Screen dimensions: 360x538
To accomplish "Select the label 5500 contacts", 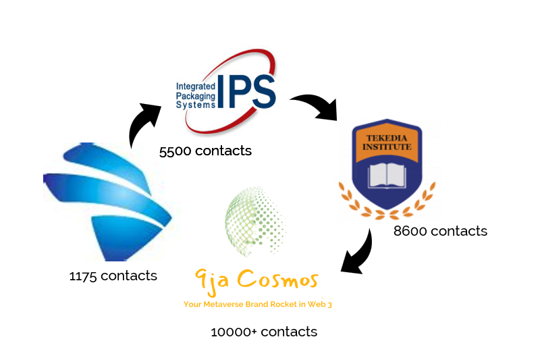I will tap(205, 151).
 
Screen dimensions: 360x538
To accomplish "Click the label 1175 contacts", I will tap(113, 276).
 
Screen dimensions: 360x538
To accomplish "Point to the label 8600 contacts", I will tap(440, 231).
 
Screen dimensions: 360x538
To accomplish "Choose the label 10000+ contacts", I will tap(263, 332).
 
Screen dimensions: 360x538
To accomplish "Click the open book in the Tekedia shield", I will tap(387, 174).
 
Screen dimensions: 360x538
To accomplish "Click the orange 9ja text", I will tap(209, 280).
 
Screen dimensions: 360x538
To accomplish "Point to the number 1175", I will tap(83, 276).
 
